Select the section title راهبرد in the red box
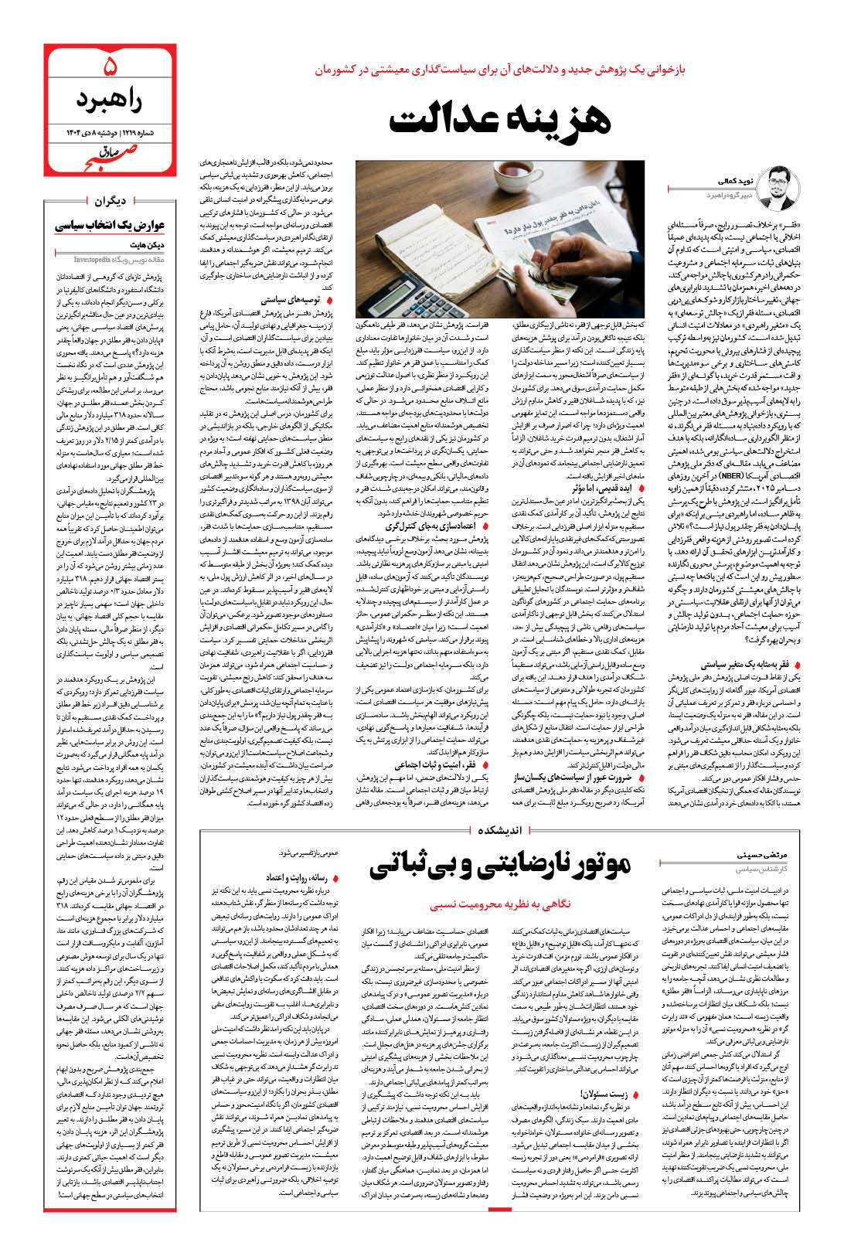click(x=108, y=99)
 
